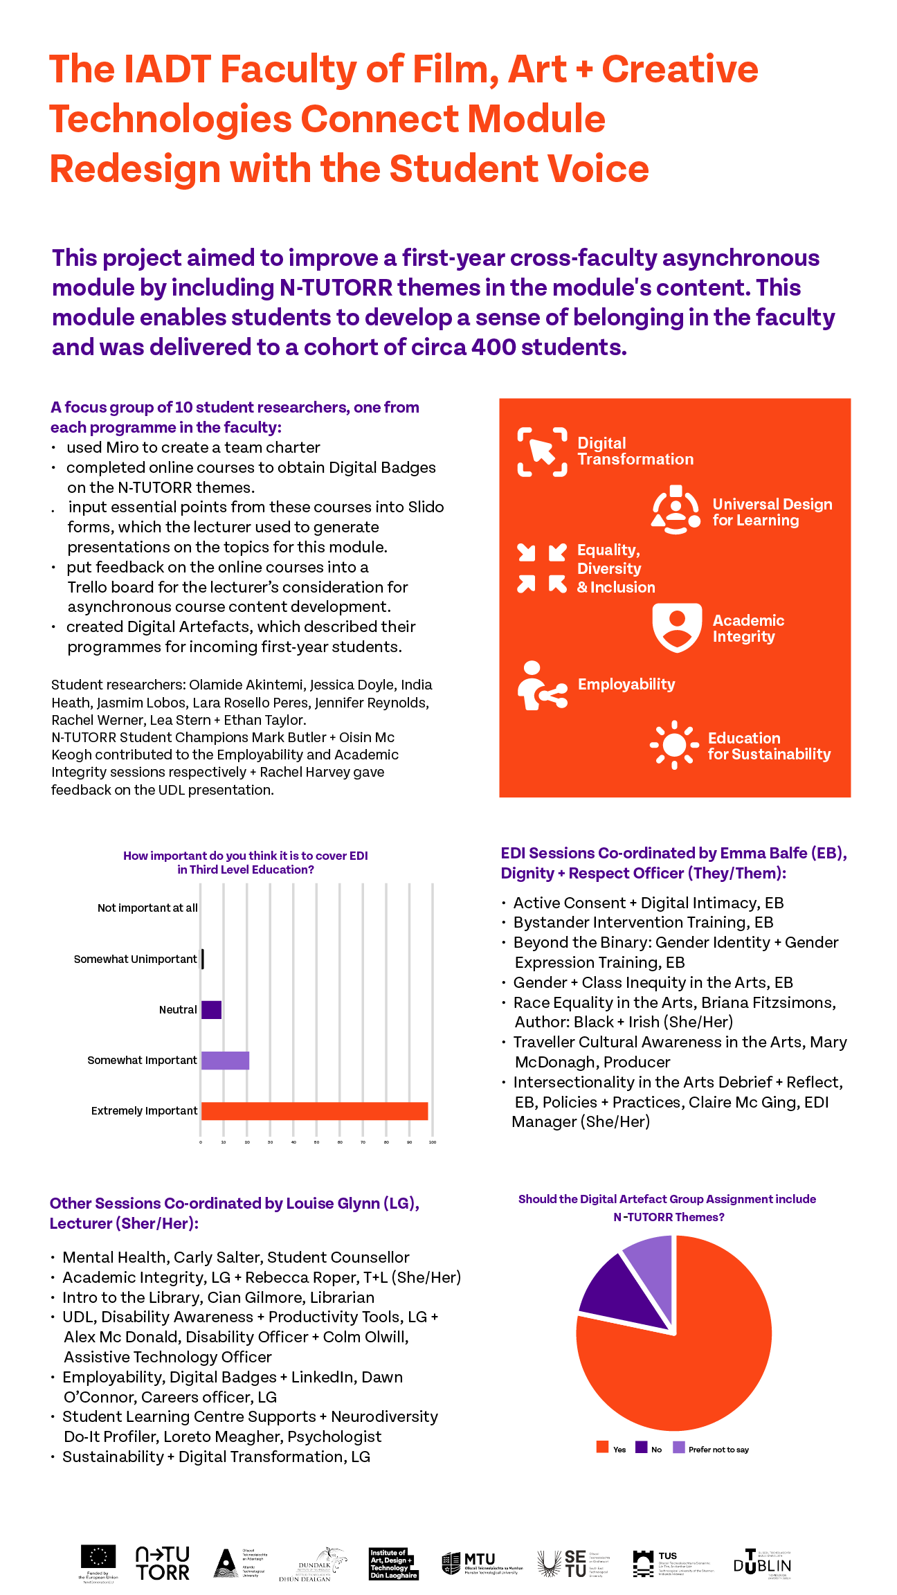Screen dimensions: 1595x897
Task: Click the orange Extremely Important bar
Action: pos(314,1111)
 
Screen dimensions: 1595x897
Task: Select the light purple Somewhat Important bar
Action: pos(225,1061)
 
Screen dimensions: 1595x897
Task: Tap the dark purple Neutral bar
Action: pos(211,1010)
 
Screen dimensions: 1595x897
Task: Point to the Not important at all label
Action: pos(147,908)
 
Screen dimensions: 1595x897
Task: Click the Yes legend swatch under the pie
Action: pos(602,1448)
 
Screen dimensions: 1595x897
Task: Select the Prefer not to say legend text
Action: pos(718,1450)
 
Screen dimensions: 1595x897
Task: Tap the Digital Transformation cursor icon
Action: pos(542,452)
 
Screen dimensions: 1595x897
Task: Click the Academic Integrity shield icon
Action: pos(677,627)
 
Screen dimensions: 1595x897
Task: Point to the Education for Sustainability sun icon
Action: pos(674,745)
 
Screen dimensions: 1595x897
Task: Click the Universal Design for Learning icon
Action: pos(676,511)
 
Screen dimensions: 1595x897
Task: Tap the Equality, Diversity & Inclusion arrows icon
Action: pos(541,568)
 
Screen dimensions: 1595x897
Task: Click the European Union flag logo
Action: pos(98,1557)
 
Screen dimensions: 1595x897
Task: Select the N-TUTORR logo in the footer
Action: pos(163,1564)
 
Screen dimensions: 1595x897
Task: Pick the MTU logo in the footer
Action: pos(481,1563)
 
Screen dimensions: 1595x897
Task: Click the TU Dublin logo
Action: pos(762,1564)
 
